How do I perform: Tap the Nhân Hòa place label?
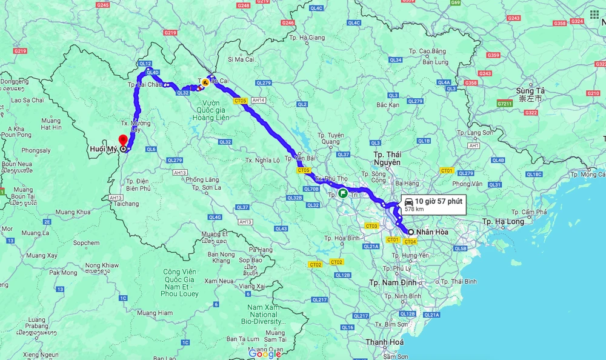[x=433, y=232]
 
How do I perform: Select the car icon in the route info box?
[x=408, y=201]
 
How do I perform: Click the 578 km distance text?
[x=414, y=209]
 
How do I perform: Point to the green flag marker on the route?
[x=343, y=194]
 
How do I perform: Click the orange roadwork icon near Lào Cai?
[x=205, y=82]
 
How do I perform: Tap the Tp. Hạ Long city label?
[x=504, y=221]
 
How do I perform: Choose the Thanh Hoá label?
[x=384, y=342]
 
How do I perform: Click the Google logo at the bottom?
[x=265, y=354]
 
